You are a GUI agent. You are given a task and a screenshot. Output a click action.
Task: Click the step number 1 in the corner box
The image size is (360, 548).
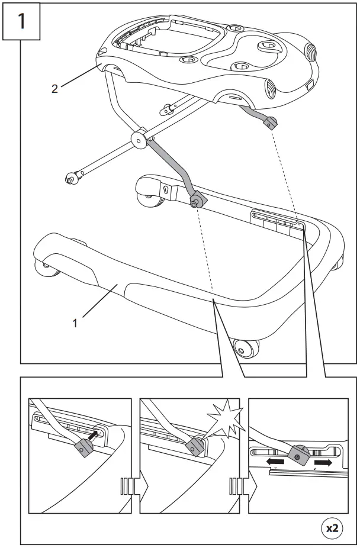click(21, 21)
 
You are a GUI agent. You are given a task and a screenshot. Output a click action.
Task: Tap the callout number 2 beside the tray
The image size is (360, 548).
click(54, 89)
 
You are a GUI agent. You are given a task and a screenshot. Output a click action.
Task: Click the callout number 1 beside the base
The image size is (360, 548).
click(75, 323)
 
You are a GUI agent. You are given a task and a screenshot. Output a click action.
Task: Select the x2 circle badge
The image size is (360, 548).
click(332, 528)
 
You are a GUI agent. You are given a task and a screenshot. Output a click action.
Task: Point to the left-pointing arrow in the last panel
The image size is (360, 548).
click(275, 462)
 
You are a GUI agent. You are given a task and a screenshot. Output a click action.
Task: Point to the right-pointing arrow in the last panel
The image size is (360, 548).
click(323, 462)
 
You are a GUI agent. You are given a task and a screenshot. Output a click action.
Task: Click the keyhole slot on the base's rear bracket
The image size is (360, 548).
click(166, 191)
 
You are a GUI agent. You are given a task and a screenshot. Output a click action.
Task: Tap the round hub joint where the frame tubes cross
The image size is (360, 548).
click(139, 140)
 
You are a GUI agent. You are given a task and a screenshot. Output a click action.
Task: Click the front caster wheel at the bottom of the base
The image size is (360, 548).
click(246, 349)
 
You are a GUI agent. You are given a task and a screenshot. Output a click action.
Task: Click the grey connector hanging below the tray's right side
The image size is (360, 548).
click(270, 122)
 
